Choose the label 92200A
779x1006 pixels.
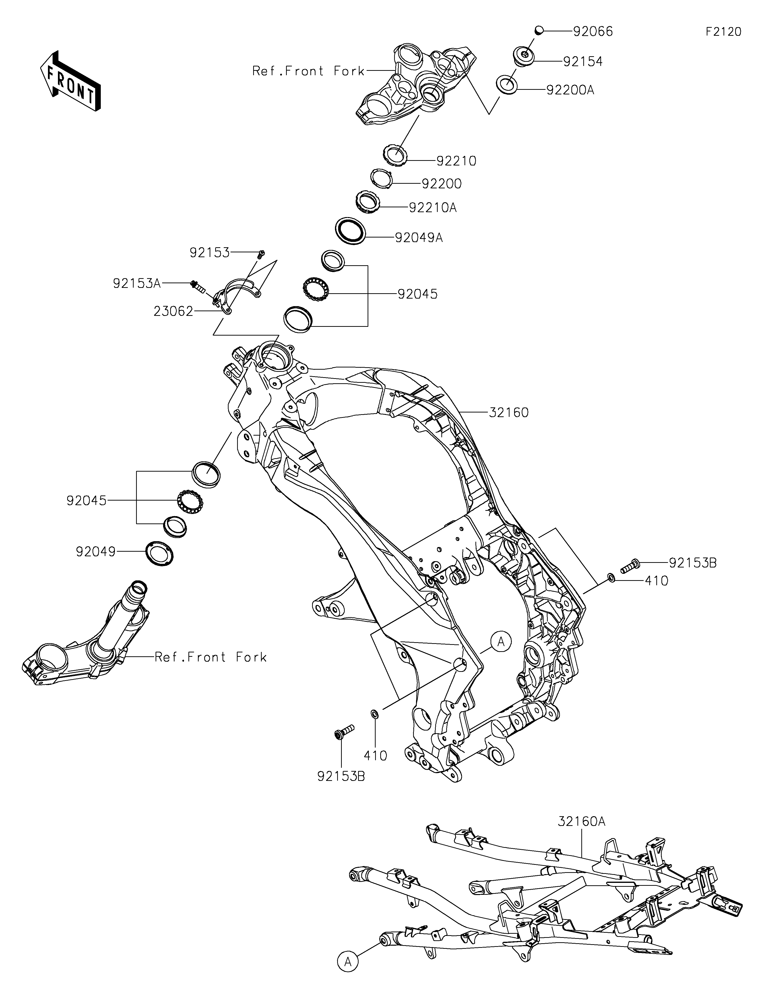570,90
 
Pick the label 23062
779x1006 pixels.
173,312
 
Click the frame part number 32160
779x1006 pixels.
509,412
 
